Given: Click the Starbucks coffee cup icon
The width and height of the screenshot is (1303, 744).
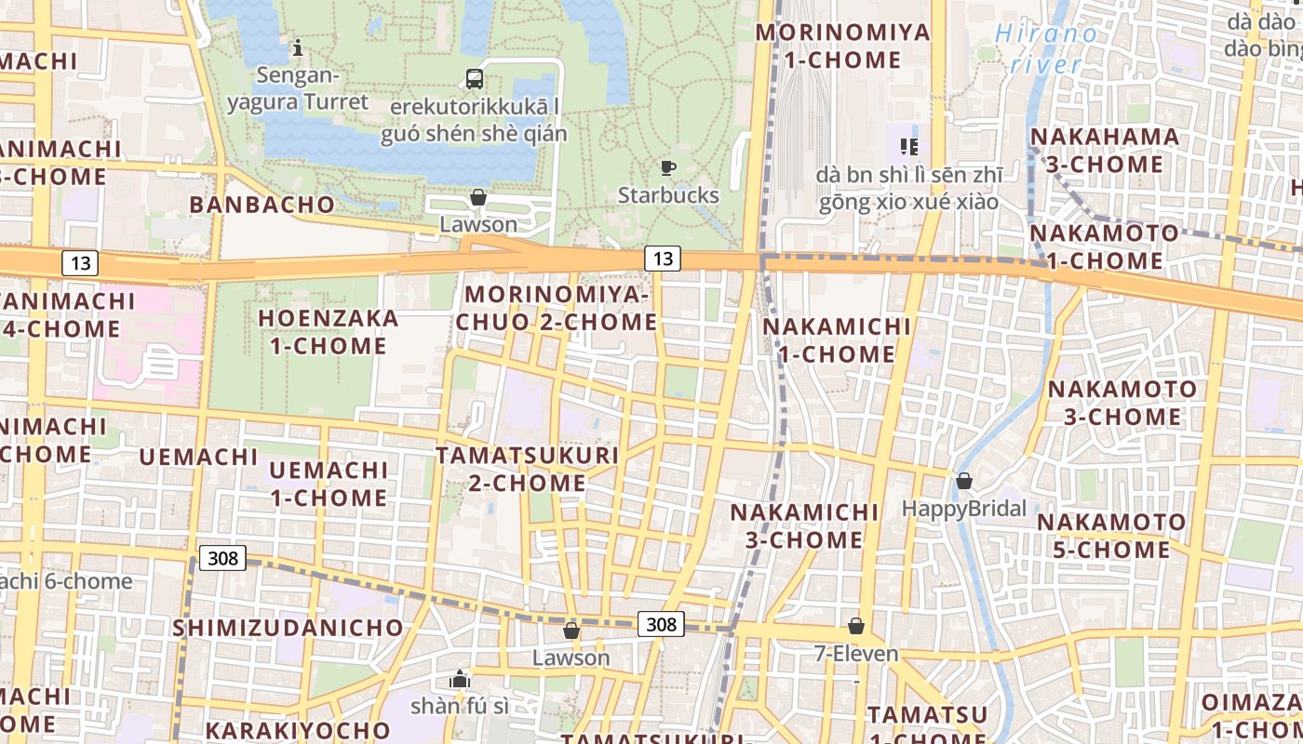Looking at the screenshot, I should click(667, 168).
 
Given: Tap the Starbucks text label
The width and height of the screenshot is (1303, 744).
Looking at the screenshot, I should click(668, 195).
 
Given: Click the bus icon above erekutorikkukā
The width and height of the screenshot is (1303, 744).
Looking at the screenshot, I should click(475, 79).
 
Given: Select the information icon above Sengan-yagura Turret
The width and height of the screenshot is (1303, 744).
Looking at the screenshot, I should click(297, 46).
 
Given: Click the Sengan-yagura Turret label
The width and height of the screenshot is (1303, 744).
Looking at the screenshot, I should click(298, 88).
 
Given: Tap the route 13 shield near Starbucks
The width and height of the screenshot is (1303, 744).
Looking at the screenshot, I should click(662, 259).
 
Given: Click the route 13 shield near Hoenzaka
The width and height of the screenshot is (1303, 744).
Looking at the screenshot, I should click(81, 263).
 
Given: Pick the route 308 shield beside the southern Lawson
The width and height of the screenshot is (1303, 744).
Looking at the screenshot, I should click(661, 624).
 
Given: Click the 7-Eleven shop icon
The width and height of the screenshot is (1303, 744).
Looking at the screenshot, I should click(855, 627).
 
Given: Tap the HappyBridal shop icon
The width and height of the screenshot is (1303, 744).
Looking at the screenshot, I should click(963, 481).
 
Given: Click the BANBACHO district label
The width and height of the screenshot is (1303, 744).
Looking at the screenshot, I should click(262, 205).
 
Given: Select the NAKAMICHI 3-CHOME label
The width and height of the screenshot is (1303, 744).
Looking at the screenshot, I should click(804, 525).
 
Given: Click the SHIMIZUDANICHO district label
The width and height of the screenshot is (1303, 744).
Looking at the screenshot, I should click(288, 628).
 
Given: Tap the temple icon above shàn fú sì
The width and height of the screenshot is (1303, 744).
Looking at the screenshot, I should click(459, 679).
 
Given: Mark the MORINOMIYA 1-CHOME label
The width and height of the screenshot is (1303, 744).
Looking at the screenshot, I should click(842, 46).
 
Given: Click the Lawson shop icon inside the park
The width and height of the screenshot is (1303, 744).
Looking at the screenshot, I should click(477, 197).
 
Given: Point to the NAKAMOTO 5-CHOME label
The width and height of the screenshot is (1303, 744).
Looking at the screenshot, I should click(1111, 536).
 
